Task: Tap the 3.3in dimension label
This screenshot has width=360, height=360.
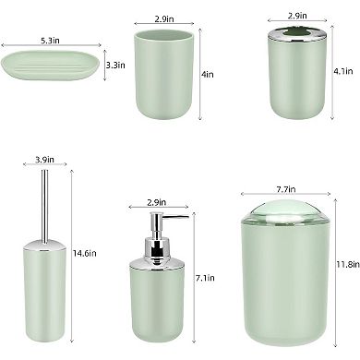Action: tap(114, 66)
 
